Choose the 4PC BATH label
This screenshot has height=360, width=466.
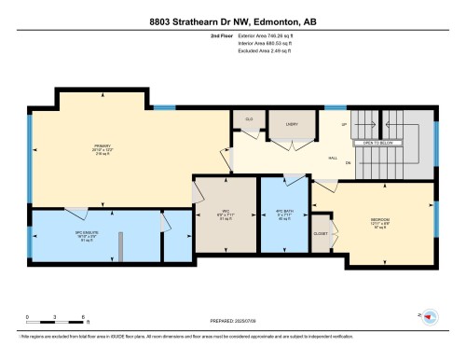coord(283,212)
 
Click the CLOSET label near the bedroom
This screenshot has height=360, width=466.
coord(321,233)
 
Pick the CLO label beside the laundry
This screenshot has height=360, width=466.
coord(249,120)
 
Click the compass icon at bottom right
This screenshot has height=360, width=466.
coord(430,317)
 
